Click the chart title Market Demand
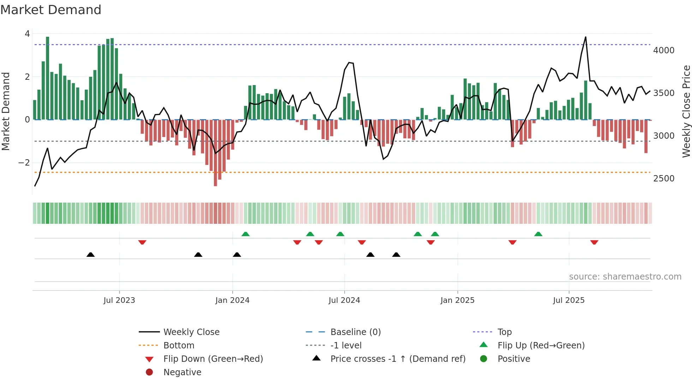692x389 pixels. click(51, 10)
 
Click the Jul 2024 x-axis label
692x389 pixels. click(344, 300)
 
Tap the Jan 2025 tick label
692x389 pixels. click(457, 300)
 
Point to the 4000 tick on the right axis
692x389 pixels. click(663, 50)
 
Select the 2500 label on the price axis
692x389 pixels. click(663, 179)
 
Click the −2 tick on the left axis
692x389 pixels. click(24, 163)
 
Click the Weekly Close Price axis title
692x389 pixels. click(686, 111)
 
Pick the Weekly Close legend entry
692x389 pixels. click(191, 332)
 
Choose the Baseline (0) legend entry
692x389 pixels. click(355, 332)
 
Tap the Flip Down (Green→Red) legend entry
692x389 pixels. click(213, 359)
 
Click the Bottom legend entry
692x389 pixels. click(179, 345)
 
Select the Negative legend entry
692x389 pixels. click(182, 372)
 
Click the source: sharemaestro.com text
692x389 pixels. click(625, 276)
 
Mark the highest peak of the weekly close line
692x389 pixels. click(585, 37)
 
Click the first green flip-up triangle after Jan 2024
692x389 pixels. click(245, 234)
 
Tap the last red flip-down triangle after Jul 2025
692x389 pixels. click(594, 242)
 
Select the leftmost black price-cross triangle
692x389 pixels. click(90, 255)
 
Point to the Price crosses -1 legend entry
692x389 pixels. click(398, 359)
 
